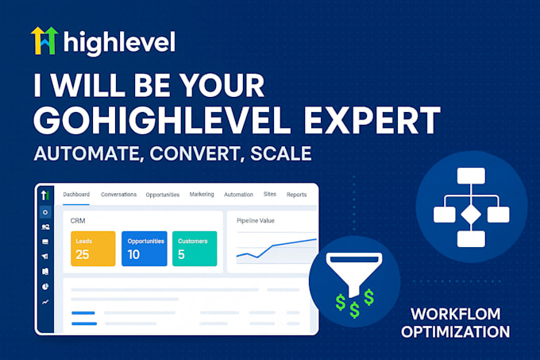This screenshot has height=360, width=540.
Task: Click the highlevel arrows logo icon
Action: tap(44, 41)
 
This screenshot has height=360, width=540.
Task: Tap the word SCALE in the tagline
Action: tap(280, 153)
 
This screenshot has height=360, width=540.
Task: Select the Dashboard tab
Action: tap(76, 194)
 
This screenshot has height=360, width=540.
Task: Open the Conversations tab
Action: tap(119, 194)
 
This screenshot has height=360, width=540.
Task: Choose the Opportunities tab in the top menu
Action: tap(163, 195)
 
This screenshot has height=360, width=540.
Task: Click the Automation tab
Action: tap(239, 194)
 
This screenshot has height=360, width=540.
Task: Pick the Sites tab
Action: tap(270, 194)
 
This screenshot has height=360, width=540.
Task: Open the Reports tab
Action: tap(296, 194)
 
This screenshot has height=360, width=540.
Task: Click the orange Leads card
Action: tap(93, 249)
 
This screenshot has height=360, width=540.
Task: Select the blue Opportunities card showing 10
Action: tap(145, 249)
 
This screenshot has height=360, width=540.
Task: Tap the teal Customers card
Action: tap(195, 249)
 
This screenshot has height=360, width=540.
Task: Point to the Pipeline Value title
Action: tap(256, 220)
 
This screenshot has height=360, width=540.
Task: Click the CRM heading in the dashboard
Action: tap(78, 220)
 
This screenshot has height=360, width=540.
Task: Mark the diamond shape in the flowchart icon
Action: tap(471, 215)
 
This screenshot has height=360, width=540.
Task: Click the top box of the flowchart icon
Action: tap(471, 176)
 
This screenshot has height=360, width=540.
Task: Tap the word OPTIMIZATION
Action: tap(455, 331)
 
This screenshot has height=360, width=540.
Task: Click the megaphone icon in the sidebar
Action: tap(45, 256)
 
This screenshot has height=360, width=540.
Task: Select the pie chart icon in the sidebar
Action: tap(45, 287)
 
